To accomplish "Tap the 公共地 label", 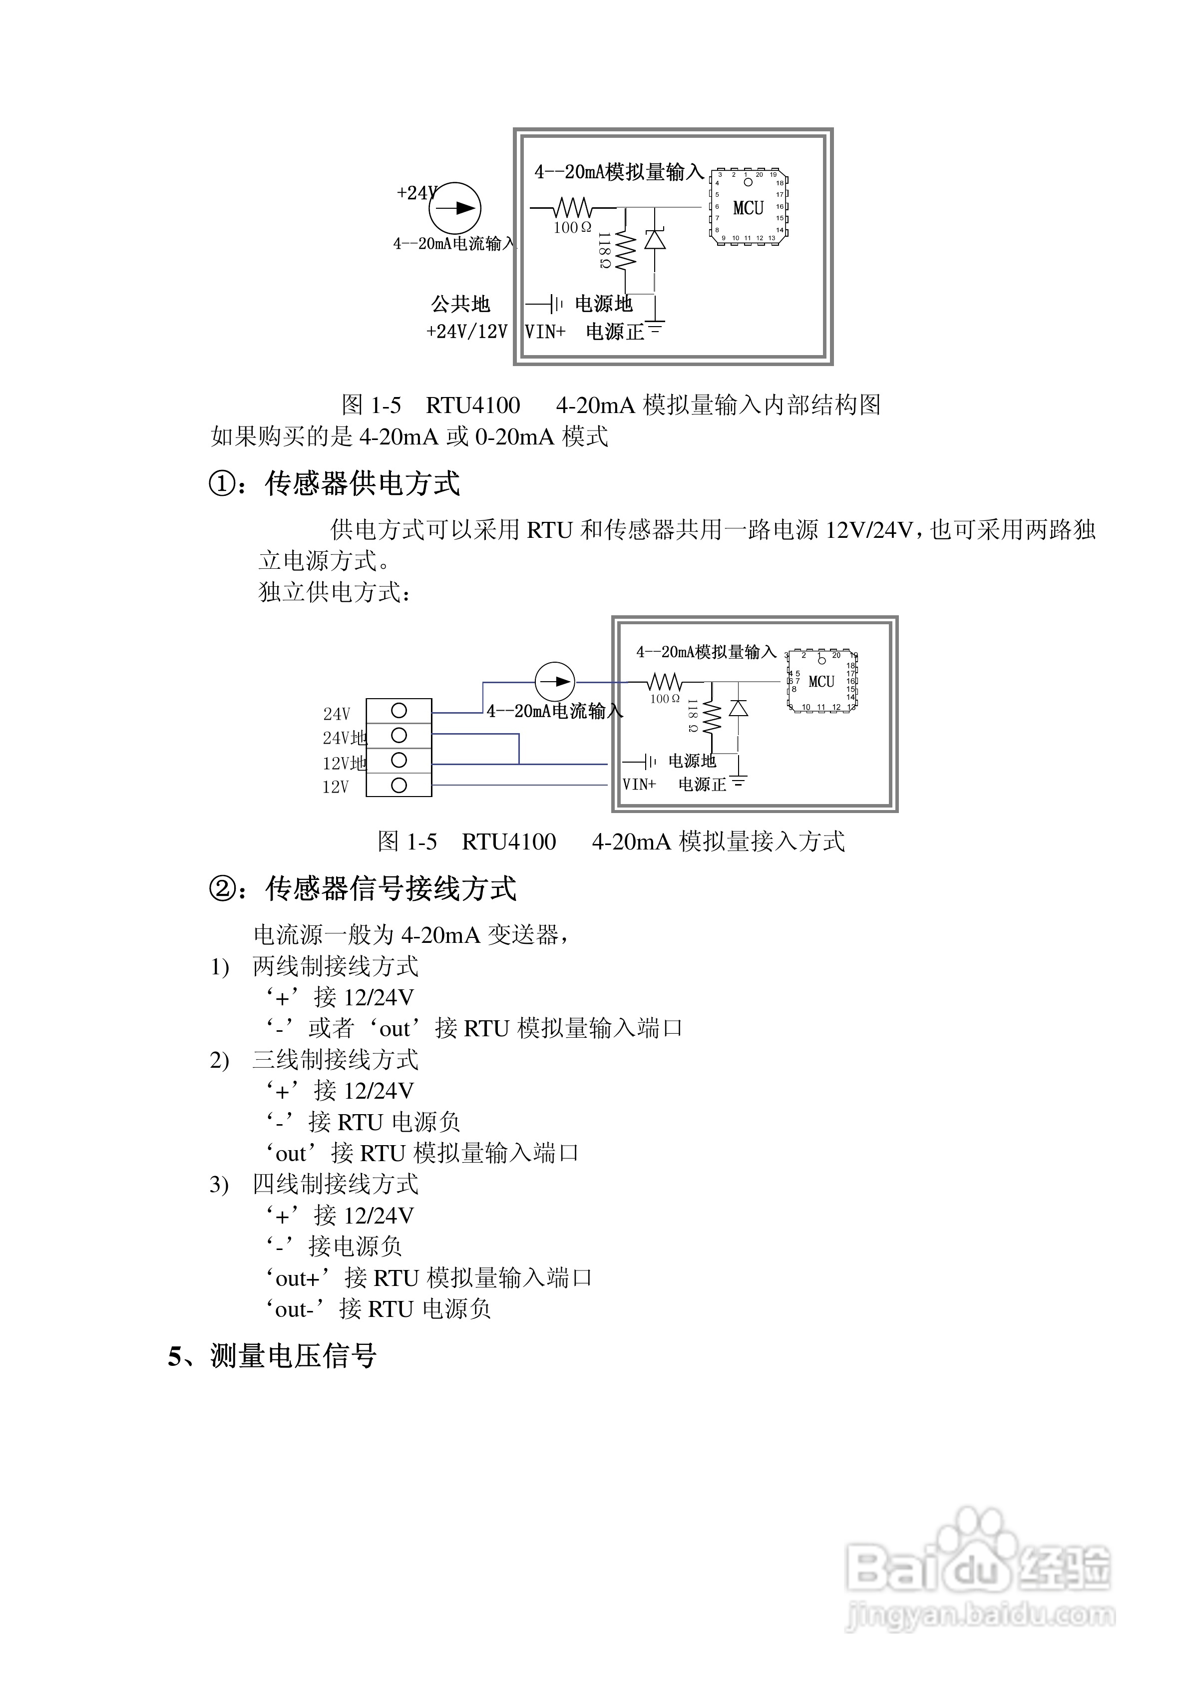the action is pyautogui.click(x=460, y=304).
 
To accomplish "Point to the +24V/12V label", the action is pyautogui.click(x=467, y=332).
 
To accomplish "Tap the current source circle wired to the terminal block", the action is pyautogui.click(x=555, y=682).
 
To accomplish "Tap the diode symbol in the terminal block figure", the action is pyautogui.click(x=739, y=708).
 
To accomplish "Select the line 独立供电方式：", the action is pyautogui.click(x=336, y=592).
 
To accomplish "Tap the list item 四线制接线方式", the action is pyautogui.click(x=336, y=1185).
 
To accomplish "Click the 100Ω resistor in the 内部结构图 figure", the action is pyautogui.click(x=572, y=207).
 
